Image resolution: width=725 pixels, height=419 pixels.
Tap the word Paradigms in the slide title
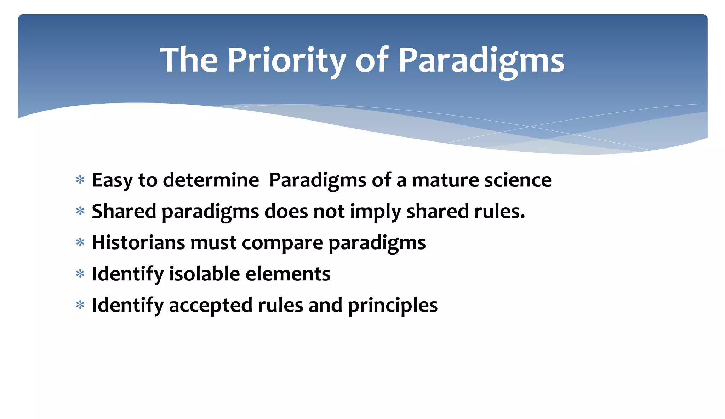point(481,60)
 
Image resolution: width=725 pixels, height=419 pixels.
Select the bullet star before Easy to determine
point(80,180)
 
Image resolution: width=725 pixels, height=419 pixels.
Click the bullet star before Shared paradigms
point(80,212)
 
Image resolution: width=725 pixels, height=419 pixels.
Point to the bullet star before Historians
point(80,243)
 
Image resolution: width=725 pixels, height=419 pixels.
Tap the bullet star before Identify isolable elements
point(80,274)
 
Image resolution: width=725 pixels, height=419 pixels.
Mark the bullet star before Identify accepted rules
point(80,305)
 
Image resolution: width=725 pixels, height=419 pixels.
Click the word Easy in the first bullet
point(112,180)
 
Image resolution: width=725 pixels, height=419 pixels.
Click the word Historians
point(138,243)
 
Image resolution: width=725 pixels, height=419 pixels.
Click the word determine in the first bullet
point(211,180)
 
